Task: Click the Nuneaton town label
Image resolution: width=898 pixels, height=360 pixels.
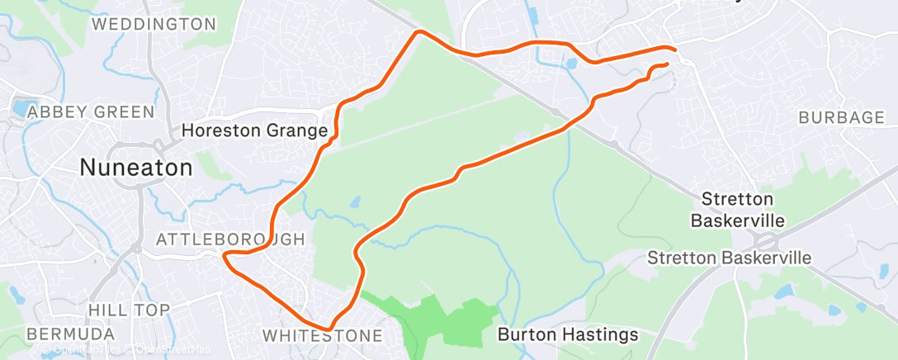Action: (x=136, y=168)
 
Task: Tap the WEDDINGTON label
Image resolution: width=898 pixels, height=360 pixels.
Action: (x=154, y=24)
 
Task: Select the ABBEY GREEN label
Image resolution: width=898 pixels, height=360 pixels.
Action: (x=91, y=111)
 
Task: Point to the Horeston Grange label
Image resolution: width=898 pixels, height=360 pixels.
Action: (x=255, y=130)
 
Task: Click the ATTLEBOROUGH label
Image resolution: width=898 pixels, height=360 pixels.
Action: (x=230, y=239)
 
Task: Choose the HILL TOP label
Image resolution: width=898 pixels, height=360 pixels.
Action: (x=130, y=310)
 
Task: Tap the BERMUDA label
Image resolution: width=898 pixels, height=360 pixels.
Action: (x=70, y=334)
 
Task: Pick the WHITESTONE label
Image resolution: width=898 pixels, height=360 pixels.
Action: (x=323, y=336)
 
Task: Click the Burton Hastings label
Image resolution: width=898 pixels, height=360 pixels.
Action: (x=568, y=334)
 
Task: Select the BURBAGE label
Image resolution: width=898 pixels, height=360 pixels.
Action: (x=841, y=117)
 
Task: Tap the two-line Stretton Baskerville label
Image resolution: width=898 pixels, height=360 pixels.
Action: (x=738, y=210)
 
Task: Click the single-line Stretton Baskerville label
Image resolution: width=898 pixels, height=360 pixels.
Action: (x=729, y=258)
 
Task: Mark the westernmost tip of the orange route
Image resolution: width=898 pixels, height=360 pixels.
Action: (x=224, y=256)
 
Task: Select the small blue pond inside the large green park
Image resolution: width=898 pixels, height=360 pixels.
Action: (x=355, y=201)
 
